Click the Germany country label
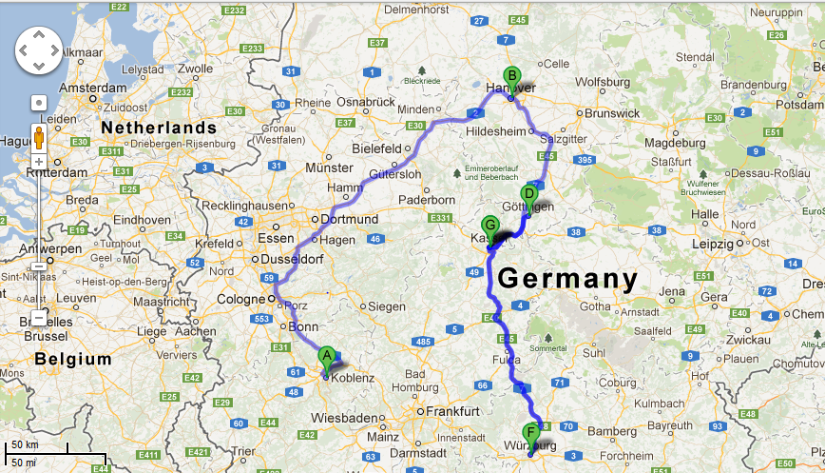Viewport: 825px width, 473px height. pyautogui.click(x=567, y=279)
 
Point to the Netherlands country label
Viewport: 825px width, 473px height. pyautogui.click(x=160, y=128)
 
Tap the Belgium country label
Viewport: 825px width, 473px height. pyautogui.click(x=73, y=359)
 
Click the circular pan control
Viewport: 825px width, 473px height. pyautogui.click(x=38, y=50)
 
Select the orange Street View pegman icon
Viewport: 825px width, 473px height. pyautogui.click(x=38, y=137)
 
